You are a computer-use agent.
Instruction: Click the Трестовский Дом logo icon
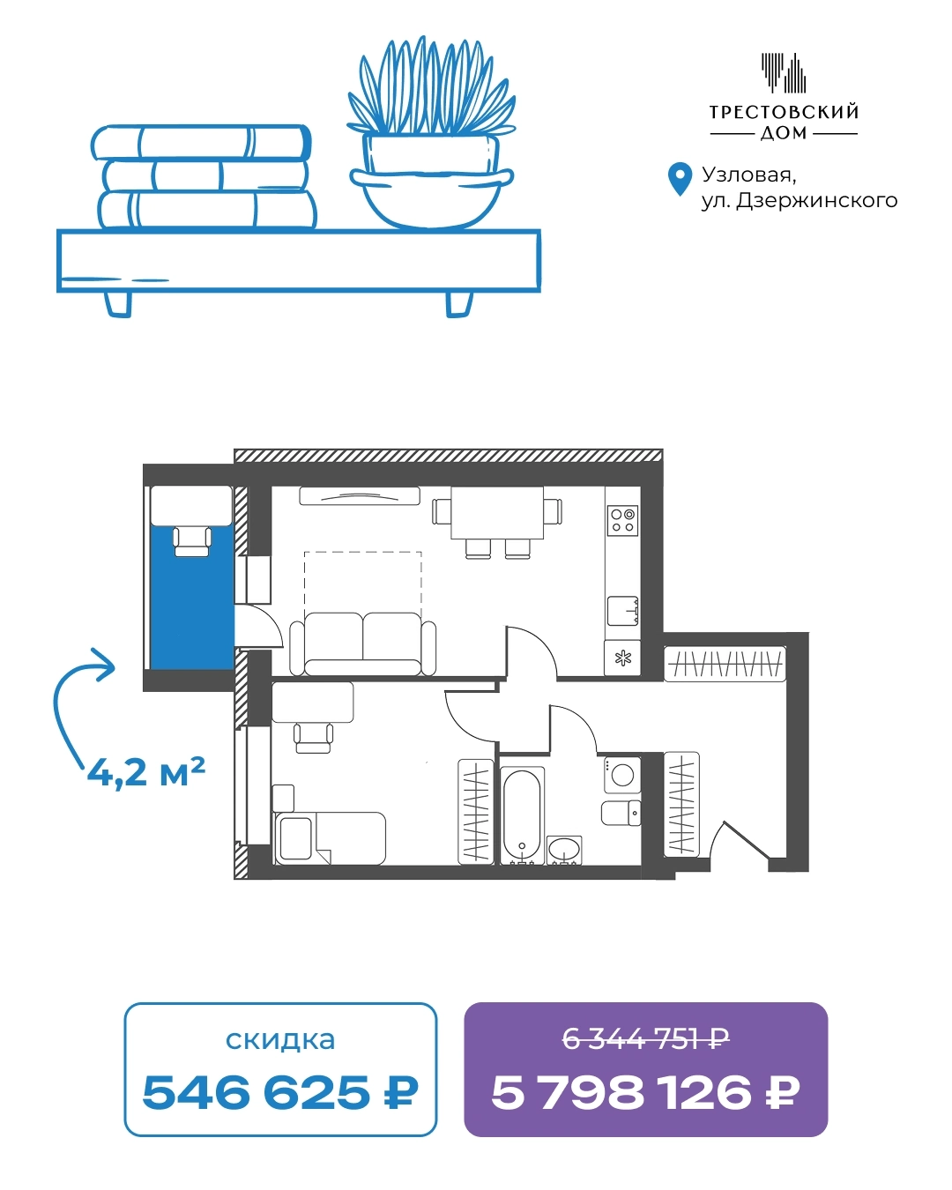(x=783, y=72)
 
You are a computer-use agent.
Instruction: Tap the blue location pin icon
(x=680, y=179)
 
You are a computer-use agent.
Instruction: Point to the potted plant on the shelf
(x=431, y=133)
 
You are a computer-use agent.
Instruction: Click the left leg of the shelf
(x=118, y=304)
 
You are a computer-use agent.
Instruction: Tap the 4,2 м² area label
(x=146, y=772)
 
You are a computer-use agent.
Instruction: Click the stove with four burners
(x=622, y=520)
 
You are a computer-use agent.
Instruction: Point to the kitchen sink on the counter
(x=623, y=611)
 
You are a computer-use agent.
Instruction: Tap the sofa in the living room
(x=363, y=643)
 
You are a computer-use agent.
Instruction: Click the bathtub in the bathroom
(x=522, y=815)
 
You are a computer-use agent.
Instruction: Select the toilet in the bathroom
(x=621, y=813)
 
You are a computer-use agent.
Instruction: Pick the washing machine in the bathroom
(x=622, y=775)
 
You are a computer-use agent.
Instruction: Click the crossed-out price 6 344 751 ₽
(x=645, y=1039)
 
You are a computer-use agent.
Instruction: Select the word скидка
(x=280, y=1039)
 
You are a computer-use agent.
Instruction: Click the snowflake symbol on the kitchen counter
(x=623, y=658)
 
